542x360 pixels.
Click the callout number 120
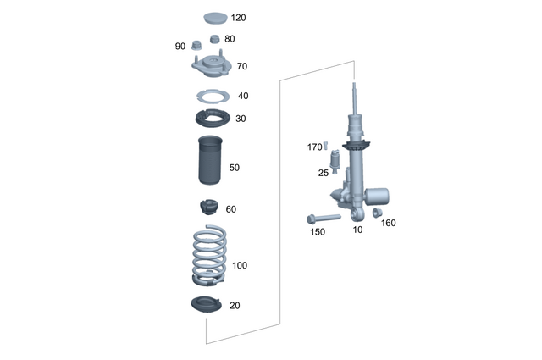click(x=240, y=18)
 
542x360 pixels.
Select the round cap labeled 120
click(x=214, y=16)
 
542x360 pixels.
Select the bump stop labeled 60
click(x=207, y=208)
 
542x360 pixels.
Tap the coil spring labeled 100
click(x=208, y=254)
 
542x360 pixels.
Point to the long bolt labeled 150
click(x=323, y=218)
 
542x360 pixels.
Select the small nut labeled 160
click(x=378, y=213)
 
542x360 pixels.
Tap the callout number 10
click(x=357, y=230)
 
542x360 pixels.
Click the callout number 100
click(x=240, y=266)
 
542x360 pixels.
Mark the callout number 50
click(x=234, y=168)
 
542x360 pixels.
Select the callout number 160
click(x=389, y=224)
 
